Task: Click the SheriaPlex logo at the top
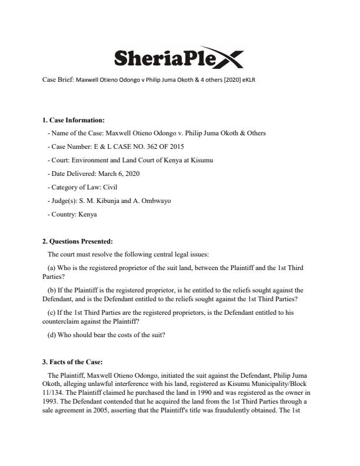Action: click(x=177, y=58)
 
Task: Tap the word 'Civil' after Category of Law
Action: click(x=111, y=187)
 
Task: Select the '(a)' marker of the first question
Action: click(x=51, y=268)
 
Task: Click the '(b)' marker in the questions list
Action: click(x=51, y=290)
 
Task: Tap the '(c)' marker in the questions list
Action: click(x=51, y=312)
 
